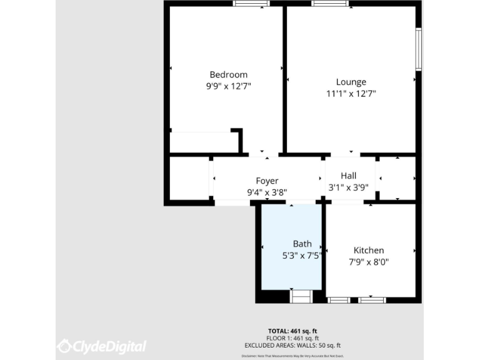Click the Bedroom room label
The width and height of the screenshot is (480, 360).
click(228, 74)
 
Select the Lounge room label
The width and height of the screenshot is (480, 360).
click(351, 82)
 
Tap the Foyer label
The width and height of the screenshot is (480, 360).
click(267, 181)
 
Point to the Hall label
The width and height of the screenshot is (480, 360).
click(348, 176)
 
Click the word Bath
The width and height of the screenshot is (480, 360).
click(302, 244)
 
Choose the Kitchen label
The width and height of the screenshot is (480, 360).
click(369, 251)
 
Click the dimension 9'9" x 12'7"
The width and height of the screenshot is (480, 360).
click(229, 86)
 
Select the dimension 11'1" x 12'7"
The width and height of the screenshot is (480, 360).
click(351, 94)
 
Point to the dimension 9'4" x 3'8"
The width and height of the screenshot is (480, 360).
click(267, 192)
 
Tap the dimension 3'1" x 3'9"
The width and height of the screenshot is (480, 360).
click(348, 187)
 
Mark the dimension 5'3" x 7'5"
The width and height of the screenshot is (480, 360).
click(302, 255)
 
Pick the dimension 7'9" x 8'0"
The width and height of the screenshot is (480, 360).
click(369, 262)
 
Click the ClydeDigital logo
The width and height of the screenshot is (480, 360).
click(102, 346)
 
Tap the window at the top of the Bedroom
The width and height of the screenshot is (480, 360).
click(251, 4)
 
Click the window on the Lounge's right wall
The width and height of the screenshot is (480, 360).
click(419, 48)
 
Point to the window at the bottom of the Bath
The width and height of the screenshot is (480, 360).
click(301, 296)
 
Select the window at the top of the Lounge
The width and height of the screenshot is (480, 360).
click(331, 4)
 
